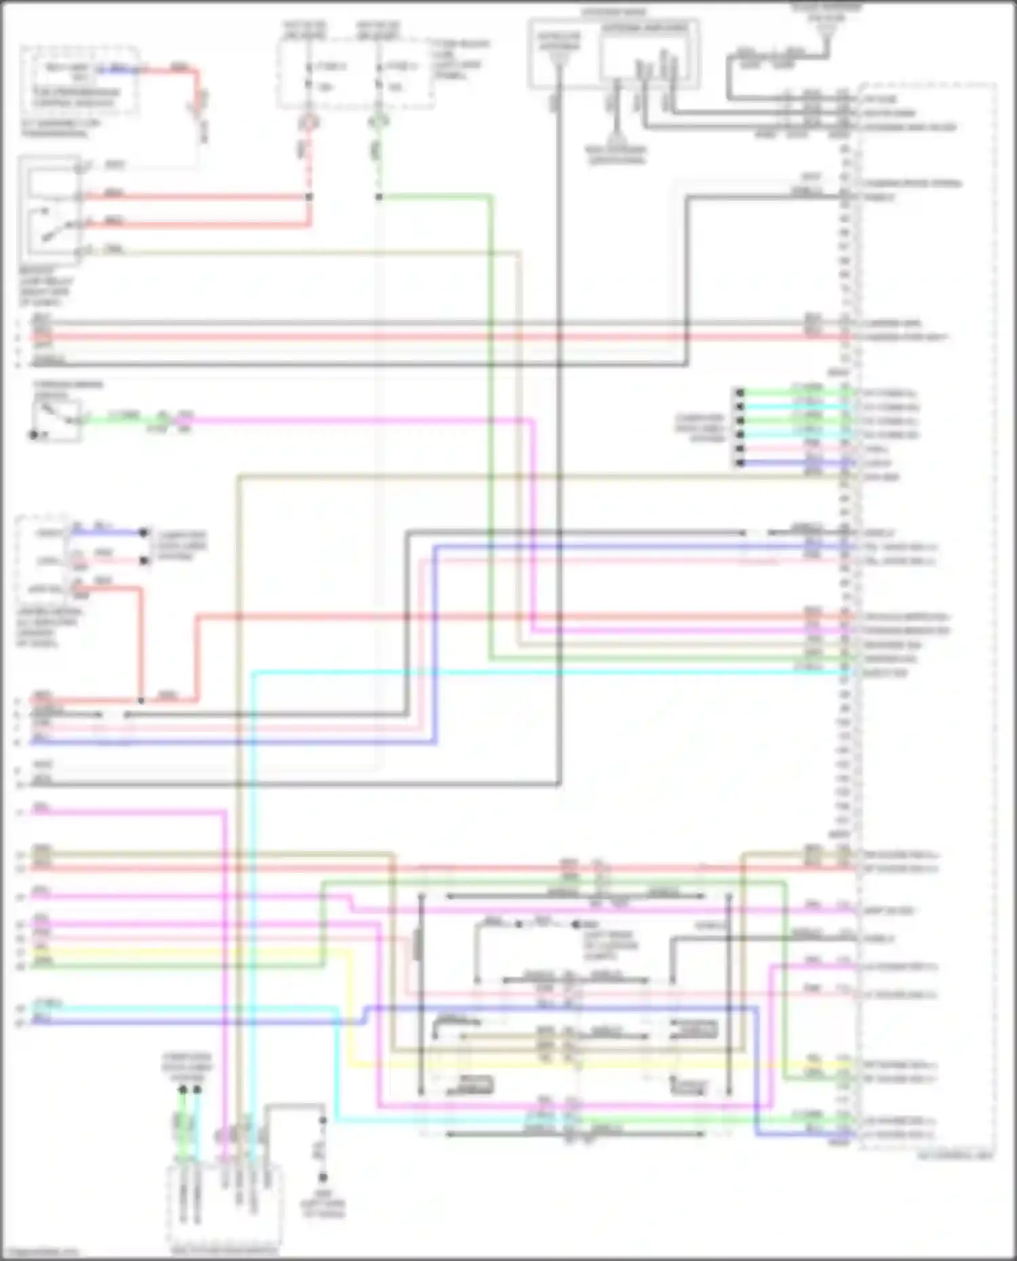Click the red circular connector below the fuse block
[x=309, y=122]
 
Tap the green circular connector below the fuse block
[x=378, y=122]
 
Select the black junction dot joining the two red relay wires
[x=309, y=197]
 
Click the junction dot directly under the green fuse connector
[x=378, y=197]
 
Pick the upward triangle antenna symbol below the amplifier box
[x=616, y=135]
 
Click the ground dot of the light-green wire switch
[x=33, y=434]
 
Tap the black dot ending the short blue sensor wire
[x=144, y=533]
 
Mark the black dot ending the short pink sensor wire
[x=144, y=560]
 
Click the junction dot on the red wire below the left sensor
[x=141, y=700]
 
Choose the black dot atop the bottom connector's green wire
[x=182, y=1090]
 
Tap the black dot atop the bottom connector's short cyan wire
[x=197, y=1090]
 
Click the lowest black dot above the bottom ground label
[x=323, y=1177]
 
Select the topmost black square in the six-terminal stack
[x=740, y=393]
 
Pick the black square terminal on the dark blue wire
[x=740, y=463]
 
